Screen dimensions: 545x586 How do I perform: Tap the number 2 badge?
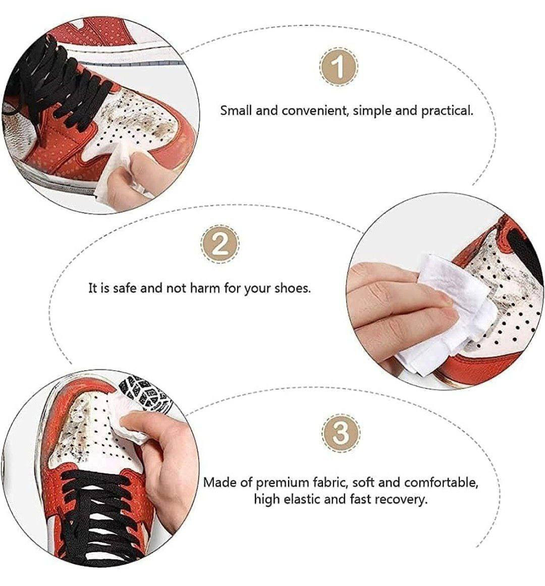220,245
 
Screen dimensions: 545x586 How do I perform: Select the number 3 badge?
341,433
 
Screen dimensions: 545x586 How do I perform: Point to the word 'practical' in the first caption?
447,111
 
